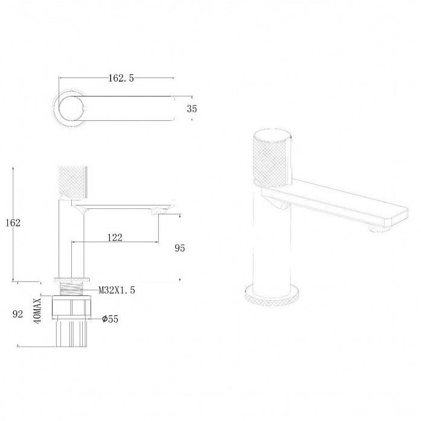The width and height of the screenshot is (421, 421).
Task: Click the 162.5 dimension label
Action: (121, 78)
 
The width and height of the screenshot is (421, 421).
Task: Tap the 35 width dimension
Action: (191, 109)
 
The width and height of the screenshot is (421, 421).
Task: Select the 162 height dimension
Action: (13, 223)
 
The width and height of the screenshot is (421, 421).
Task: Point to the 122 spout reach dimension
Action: (115, 237)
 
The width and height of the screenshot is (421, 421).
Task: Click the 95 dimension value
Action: (180, 248)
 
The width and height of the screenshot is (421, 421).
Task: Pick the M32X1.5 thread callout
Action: (117, 291)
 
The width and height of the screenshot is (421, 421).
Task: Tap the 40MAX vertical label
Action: (37, 310)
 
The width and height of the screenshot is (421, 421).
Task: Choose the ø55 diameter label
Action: (110, 319)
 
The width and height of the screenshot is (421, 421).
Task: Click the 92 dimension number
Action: (18, 314)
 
